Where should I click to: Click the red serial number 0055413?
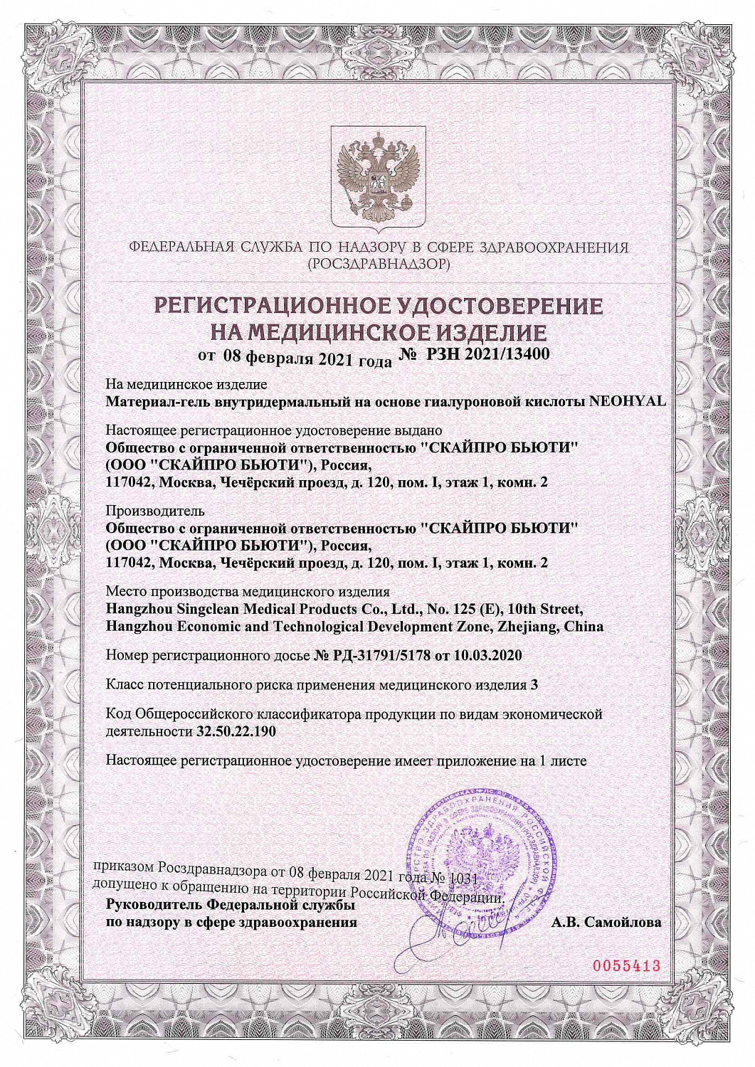click(x=627, y=966)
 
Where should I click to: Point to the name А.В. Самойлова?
click(x=606, y=923)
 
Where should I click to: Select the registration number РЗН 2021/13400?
click(x=487, y=354)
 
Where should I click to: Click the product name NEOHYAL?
click(x=628, y=401)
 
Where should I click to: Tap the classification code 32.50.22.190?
click(x=236, y=731)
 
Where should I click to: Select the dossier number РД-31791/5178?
click(x=382, y=656)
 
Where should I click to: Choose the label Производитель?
click(x=155, y=511)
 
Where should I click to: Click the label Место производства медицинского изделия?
click(x=248, y=592)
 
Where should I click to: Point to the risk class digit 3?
click(x=534, y=685)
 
